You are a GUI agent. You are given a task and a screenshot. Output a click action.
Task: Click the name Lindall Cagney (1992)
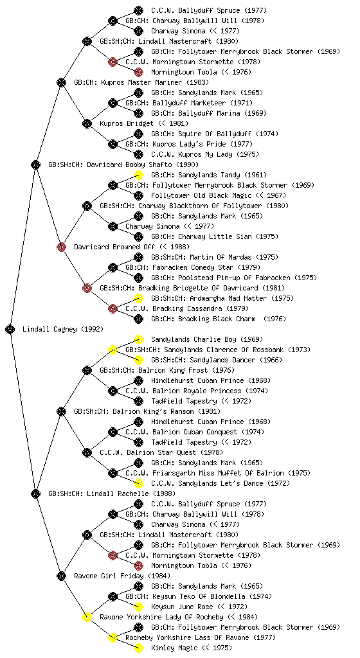tap(63, 329)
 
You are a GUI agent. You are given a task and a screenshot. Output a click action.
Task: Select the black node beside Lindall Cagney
tap(10, 329)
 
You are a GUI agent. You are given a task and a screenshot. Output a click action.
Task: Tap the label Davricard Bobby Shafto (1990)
tap(123, 164)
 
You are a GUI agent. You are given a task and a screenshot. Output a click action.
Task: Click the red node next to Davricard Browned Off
tap(61, 247)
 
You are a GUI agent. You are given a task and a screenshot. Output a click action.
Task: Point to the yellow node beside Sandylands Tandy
tap(138, 175)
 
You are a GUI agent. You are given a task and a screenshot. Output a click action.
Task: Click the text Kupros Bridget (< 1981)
tap(144, 123)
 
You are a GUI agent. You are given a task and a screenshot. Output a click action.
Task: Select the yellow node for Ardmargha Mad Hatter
tap(138, 298)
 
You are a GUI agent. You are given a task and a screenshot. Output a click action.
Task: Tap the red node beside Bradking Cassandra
tap(113, 308)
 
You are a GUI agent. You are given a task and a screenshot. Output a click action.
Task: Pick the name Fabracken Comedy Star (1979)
tap(193, 267)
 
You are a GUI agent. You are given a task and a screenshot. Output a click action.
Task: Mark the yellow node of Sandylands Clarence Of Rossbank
tap(113, 350)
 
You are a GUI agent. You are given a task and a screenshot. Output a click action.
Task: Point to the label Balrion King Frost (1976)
tap(167, 370)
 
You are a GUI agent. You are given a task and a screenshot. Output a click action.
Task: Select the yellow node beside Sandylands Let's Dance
tap(138, 483)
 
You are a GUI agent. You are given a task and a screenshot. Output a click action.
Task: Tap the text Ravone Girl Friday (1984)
tap(122, 576)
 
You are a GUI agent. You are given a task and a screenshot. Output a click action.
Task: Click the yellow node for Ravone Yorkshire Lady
tap(87, 617)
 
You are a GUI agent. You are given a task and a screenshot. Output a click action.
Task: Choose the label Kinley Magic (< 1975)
tap(192, 648)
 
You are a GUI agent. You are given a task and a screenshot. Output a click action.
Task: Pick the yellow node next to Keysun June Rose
tap(138, 607)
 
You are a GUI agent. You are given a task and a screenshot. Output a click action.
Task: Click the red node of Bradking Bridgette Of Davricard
tap(87, 288)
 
